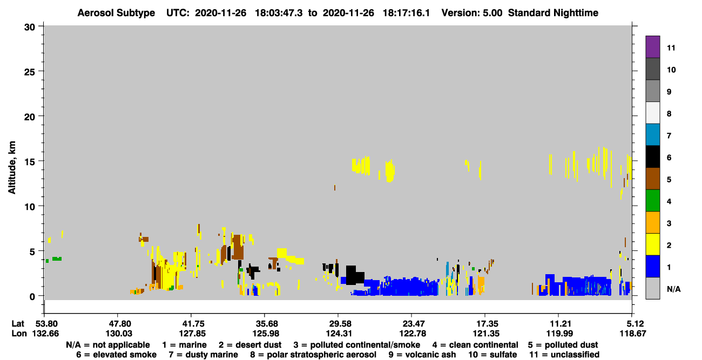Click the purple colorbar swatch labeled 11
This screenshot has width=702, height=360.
point(652,46)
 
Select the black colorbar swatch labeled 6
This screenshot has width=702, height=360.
point(652,157)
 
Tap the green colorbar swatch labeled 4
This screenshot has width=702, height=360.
point(652,201)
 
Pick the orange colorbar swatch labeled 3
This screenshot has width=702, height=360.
point(652,222)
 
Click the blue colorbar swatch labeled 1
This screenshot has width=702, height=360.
point(652,266)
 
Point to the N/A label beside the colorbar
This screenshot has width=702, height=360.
point(673,289)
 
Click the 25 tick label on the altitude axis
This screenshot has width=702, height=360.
point(30,72)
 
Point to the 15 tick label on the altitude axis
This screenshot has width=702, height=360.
point(30,162)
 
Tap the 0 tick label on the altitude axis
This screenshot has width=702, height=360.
point(32,297)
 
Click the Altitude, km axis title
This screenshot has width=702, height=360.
point(11,168)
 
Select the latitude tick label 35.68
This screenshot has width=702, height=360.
point(267,324)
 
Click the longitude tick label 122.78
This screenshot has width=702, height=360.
point(413,334)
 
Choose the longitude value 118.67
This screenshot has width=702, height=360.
point(633,334)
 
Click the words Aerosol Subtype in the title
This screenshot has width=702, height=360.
point(116,13)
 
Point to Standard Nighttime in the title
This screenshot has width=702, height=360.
point(553,13)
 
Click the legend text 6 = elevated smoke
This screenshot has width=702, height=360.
point(116,355)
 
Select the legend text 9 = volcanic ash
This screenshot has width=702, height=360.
point(422,355)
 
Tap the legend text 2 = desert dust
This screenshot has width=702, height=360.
point(250,345)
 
